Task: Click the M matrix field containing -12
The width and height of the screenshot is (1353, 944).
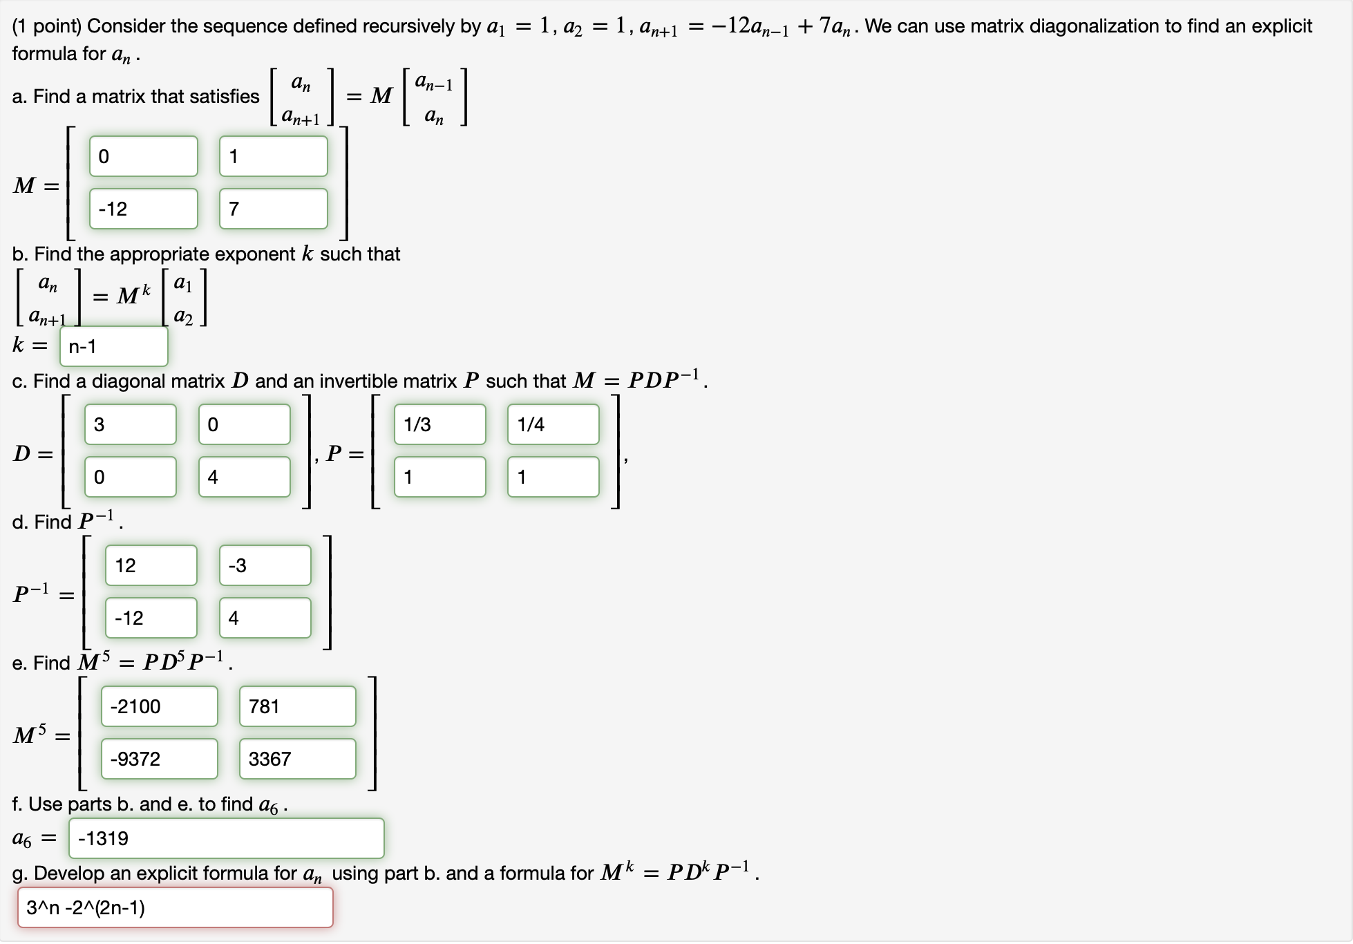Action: pyautogui.click(x=143, y=209)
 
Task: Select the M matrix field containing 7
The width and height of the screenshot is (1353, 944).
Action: pyautogui.click(x=273, y=209)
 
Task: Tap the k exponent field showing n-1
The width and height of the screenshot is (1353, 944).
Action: pyautogui.click(x=114, y=346)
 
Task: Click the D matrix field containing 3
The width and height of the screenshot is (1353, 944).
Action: pyautogui.click(x=130, y=424)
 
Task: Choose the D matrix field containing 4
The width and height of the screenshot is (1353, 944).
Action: pyautogui.click(x=244, y=477)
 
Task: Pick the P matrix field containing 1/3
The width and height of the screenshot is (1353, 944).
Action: pyautogui.click(x=439, y=424)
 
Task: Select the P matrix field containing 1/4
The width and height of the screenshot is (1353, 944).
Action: pyautogui.click(x=553, y=424)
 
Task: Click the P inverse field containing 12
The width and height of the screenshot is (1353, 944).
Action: pyautogui.click(x=151, y=565)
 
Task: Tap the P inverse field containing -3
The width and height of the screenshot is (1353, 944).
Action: pyautogui.click(x=265, y=565)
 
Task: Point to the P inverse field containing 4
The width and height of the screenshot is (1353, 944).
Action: pyautogui.click(x=265, y=618)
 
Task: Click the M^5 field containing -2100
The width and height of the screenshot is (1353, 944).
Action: pyautogui.click(x=159, y=706)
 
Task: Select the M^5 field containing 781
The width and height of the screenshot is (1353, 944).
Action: pyautogui.click(x=297, y=706)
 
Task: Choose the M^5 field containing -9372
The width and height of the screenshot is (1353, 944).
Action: pyautogui.click(x=159, y=759)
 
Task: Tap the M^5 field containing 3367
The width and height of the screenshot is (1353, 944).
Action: pyautogui.click(x=297, y=759)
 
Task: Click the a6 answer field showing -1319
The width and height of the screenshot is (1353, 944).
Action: pyautogui.click(x=226, y=838)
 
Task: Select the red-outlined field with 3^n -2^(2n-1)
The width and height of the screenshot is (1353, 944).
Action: pyautogui.click(x=175, y=907)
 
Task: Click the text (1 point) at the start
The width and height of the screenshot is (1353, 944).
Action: pyautogui.click(x=47, y=26)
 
